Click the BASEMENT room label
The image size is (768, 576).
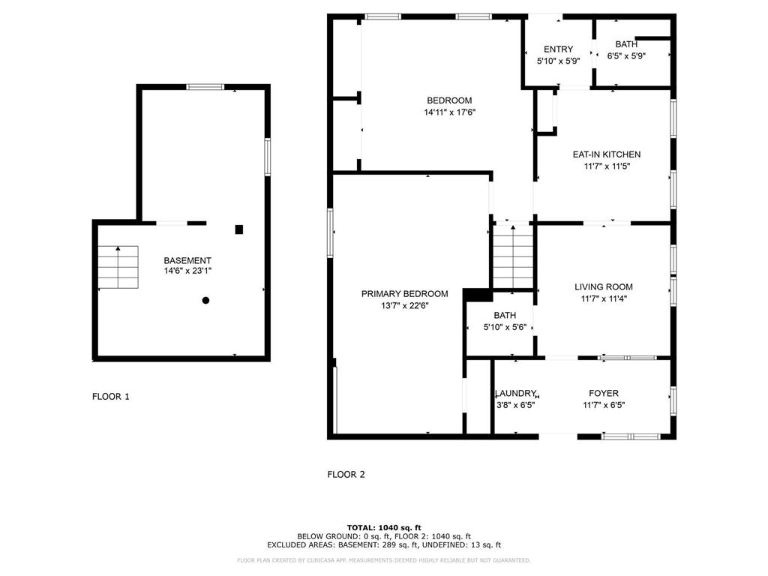187,260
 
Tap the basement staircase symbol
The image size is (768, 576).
118,267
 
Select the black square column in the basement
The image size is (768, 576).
239,229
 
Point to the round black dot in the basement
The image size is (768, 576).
205,300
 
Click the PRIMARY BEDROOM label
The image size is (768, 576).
404,294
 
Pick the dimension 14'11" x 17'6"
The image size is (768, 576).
450,112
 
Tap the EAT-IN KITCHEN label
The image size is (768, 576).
606,154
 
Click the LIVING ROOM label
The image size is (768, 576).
604,287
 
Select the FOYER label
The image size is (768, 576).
604,393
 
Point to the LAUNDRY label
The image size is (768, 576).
516,393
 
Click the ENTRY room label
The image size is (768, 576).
558,49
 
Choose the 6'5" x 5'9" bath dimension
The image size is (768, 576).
626,56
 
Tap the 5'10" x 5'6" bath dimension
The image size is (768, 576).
505,327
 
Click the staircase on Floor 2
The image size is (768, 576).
513,256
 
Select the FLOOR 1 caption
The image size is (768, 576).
111,397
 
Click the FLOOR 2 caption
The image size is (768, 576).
346,474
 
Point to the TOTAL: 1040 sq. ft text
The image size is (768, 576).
384,527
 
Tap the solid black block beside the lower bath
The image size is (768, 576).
478,295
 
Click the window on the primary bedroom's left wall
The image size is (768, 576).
330,232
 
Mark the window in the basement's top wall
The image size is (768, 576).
205,87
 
